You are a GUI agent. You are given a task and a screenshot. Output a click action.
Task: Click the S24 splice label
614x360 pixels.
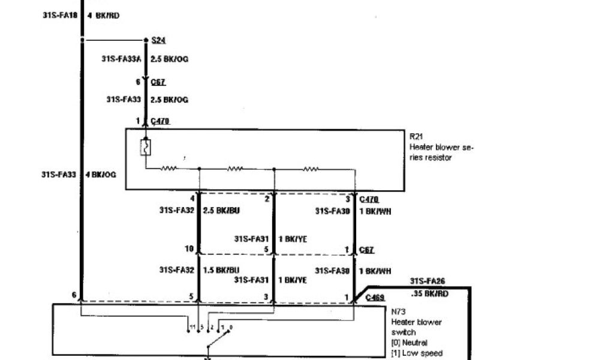tap(158, 40)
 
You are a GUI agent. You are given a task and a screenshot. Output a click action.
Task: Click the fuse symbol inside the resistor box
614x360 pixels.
tap(145, 148)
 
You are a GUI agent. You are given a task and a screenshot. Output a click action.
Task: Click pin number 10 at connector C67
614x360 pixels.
tap(189, 248)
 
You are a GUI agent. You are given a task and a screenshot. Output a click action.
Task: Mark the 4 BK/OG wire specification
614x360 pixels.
tap(101, 175)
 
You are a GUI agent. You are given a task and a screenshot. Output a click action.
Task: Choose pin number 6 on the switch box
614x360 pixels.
tap(74, 295)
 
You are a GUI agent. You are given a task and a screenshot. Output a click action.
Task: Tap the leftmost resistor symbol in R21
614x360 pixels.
tap(168, 169)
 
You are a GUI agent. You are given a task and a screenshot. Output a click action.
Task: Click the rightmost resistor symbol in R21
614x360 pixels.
tap(311, 169)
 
